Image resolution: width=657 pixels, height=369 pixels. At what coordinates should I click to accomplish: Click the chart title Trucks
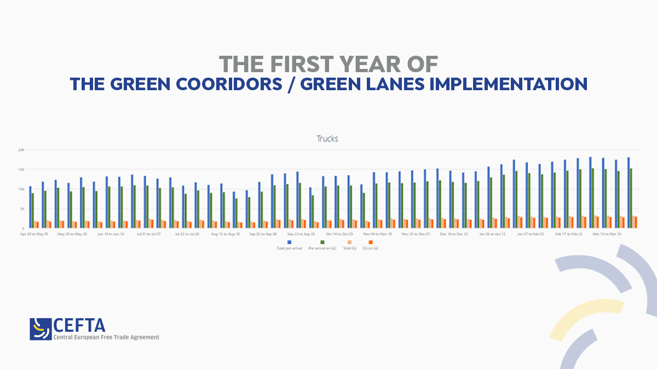pyautogui.click(x=327, y=139)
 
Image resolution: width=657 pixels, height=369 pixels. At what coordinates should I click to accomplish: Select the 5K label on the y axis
pyautogui.click(x=22, y=209)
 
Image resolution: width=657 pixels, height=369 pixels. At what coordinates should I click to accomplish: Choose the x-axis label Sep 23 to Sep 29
pyautogui.click(x=301, y=233)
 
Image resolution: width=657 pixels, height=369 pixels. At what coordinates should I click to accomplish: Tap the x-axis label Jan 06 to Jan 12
pyautogui.click(x=492, y=233)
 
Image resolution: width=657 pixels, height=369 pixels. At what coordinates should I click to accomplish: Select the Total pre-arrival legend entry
pyautogui.click(x=289, y=244)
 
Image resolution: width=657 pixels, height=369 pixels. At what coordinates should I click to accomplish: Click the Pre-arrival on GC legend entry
pyautogui.click(x=322, y=244)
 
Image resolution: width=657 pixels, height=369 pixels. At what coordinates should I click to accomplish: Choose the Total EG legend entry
pyautogui.click(x=349, y=244)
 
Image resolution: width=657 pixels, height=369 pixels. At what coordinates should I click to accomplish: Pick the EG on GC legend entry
pyautogui.click(x=371, y=244)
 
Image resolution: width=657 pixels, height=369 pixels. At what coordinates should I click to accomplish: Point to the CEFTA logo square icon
pyautogui.click(x=41, y=329)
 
